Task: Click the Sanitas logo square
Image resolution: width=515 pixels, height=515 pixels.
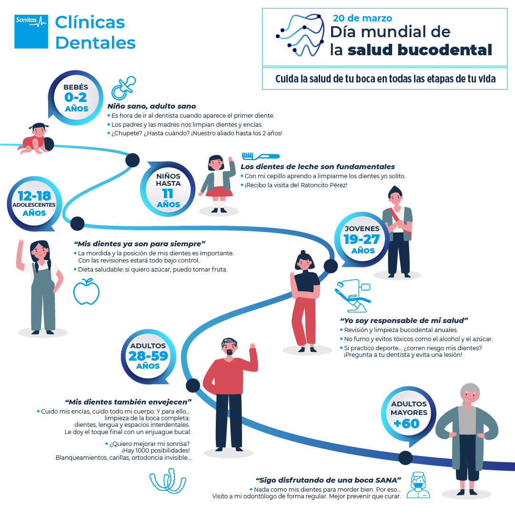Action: (x=31, y=31)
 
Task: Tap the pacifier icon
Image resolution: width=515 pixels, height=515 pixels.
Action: (x=123, y=88)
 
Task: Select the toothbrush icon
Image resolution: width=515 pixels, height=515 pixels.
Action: (x=261, y=156)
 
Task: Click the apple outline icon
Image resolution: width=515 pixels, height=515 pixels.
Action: (x=86, y=292)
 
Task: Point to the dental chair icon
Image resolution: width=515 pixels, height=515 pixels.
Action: (x=353, y=295)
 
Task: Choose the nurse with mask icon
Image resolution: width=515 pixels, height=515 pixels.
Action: (x=418, y=485)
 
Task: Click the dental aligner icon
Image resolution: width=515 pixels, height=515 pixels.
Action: (x=168, y=481)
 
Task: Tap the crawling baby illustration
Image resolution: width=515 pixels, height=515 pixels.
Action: (x=35, y=139)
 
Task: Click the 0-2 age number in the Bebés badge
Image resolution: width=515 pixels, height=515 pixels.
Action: (x=76, y=97)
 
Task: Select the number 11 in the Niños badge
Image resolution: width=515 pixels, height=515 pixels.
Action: (x=168, y=194)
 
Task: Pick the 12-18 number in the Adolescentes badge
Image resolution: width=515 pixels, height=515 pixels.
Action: (x=34, y=196)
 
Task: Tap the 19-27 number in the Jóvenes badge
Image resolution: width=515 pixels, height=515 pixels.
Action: (x=362, y=240)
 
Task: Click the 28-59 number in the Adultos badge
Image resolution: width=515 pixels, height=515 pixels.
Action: (x=148, y=356)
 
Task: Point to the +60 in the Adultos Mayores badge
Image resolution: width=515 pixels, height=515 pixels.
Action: (x=406, y=424)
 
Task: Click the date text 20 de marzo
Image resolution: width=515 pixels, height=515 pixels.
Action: (x=362, y=18)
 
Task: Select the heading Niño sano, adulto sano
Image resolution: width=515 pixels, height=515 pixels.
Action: (x=152, y=106)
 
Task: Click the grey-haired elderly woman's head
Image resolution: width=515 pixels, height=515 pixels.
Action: (x=470, y=395)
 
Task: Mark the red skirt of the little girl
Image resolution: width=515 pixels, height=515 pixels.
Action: (x=219, y=191)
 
